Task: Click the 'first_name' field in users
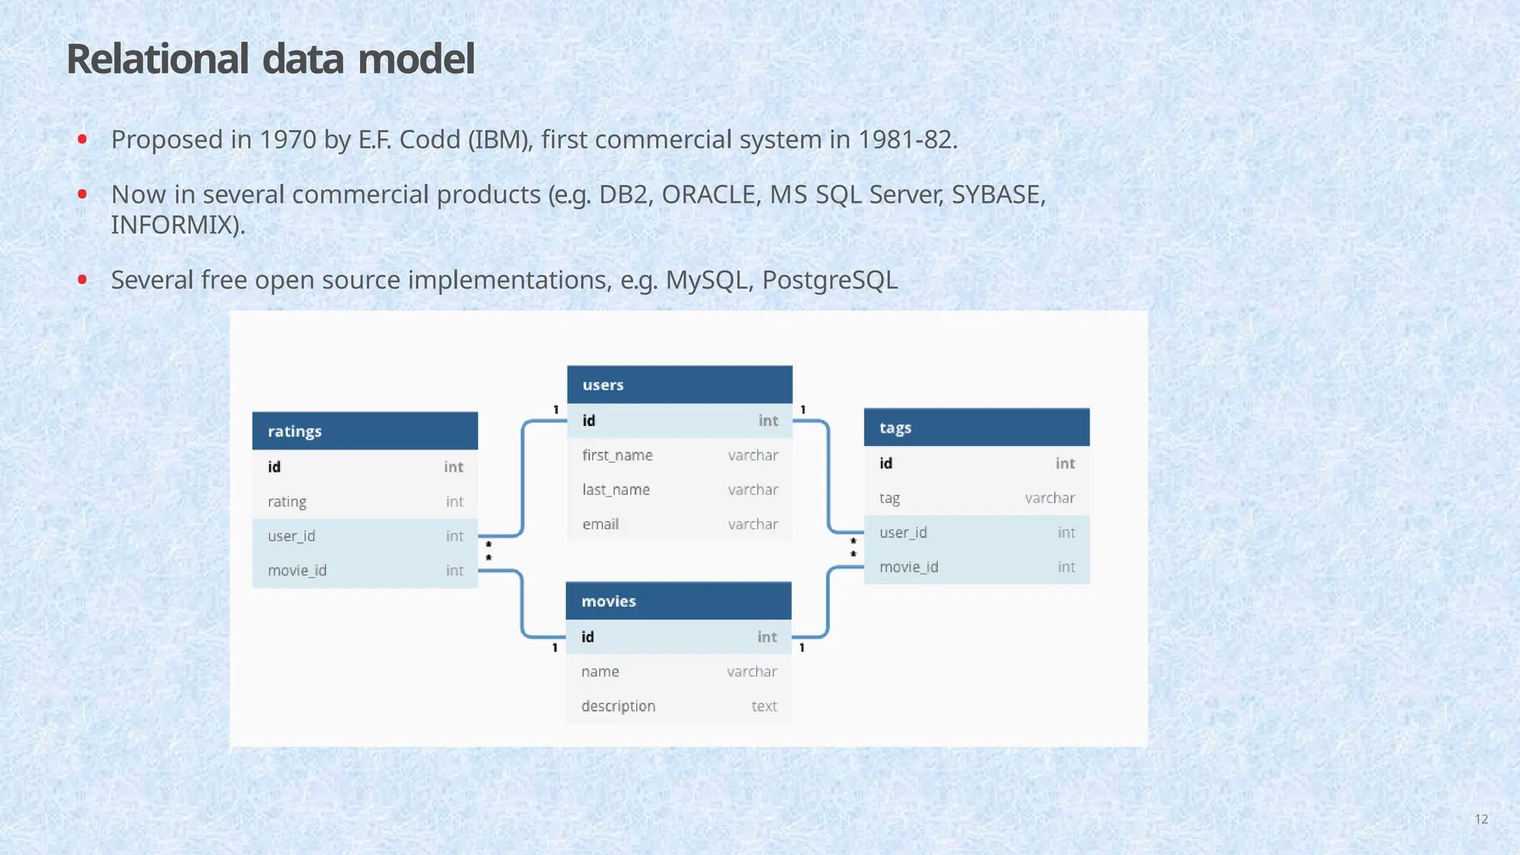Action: point(617,455)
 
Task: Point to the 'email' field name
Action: point(600,524)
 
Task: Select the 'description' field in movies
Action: point(617,706)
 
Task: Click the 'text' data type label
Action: point(764,706)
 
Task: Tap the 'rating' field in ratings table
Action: point(287,502)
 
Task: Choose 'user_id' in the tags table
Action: point(902,532)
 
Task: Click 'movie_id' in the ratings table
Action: point(297,570)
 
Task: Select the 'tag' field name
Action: point(889,498)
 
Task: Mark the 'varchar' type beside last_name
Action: point(753,490)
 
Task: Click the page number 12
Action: point(1481,819)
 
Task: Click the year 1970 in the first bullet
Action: point(287,140)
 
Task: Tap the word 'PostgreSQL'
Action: point(829,280)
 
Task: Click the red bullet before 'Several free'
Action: point(82,280)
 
